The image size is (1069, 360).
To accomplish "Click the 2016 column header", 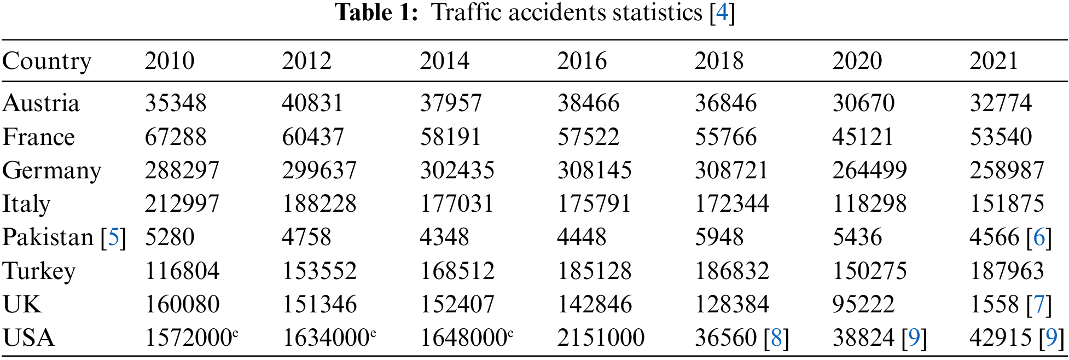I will pyautogui.click(x=582, y=61).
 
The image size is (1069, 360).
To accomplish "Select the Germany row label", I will pyautogui.click(x=51, y=171).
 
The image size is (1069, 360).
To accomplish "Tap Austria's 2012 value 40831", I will pyautogui.click(x=312, y=103).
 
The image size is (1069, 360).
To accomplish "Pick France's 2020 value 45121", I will pyautogui.click(x=863, y=137).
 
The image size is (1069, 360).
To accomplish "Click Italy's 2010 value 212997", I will pyautogui.click(x=182, y=204).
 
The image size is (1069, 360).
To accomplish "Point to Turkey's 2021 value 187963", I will pyautogui.click(x=1007, y=271).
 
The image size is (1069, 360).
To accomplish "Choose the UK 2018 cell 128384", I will pyautogui.click(x=732, y=304).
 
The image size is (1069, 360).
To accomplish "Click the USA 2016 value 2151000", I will pyautogui.click(x=601, y=338).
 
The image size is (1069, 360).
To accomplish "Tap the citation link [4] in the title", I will pyautogui.click(x=722, y=13).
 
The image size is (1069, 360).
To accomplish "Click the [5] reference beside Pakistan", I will pyautogui.click(x=114, y=237).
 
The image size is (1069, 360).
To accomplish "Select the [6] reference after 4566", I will pyautogui.click(x=1039, y=237).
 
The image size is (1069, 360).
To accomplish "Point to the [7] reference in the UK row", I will pyautogui.click(x=1039, y=304).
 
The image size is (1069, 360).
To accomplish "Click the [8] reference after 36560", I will pyautogui.click(x=776, y=338).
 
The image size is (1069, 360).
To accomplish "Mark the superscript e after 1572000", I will pyautogui.click(x=235, y=332).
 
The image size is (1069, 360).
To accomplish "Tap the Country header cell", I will pyautogui.click(x=47, y=61).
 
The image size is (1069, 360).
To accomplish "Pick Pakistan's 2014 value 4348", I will pyautogui.click(x=444, y=237).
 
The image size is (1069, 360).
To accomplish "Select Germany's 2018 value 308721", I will pyautogui.click(x=731, y=171).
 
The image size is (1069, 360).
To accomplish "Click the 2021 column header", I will pyautogui.click(x=994, y=61).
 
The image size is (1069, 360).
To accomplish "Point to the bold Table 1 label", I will pyautogui.click(x=376, y=13).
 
